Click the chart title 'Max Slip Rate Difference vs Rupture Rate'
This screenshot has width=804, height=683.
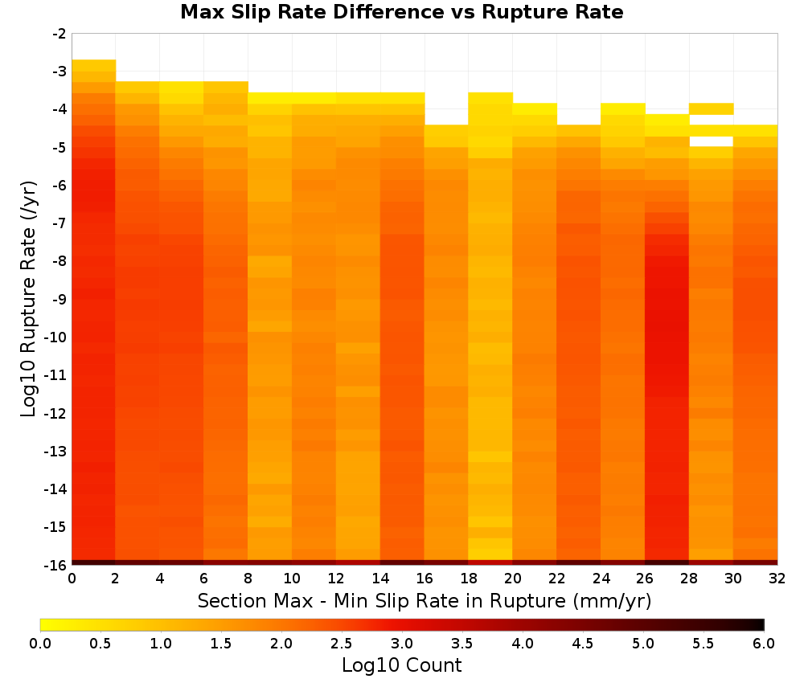[401, 12]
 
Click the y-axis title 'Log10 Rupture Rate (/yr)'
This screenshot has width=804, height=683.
[28, 299]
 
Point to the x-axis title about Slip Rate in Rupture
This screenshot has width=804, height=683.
[424, 600]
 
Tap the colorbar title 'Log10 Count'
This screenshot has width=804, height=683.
[401, 665]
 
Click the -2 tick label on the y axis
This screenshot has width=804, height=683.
[59, 34]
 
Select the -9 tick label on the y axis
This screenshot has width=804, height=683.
[59, 299]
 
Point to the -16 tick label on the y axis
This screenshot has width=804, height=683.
[56, 565]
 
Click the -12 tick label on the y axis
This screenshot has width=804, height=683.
[56, 413]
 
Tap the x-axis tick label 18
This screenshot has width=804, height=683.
[469, 579]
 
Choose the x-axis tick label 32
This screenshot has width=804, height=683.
[777, 579]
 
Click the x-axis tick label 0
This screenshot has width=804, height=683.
[72, 579]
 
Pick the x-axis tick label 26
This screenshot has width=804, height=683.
[645, 579]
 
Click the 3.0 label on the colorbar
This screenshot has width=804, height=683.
[402, 644]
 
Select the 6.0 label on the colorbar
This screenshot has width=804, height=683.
[764, 644]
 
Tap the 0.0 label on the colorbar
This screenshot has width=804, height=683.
[40, 644]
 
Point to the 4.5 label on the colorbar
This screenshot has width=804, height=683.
[583, 644]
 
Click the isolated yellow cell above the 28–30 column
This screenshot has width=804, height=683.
[712, 108]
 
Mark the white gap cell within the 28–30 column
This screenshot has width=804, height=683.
[712, 141]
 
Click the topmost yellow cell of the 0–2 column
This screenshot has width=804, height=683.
[94, 65]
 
